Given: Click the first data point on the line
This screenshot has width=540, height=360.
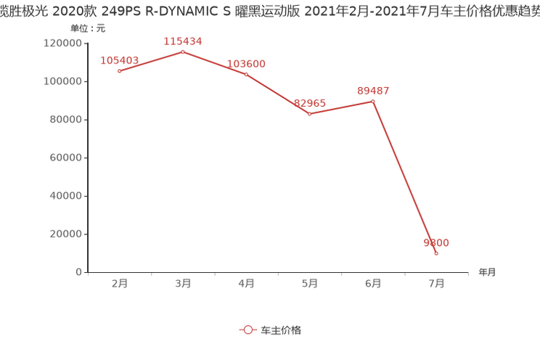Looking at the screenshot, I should [x=119, y=70].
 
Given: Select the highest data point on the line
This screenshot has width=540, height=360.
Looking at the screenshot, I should [x=182, y=52].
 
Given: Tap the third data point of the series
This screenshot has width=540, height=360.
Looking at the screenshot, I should [x=246, y=74].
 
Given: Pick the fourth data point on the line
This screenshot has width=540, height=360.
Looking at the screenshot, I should [x=309, y=114].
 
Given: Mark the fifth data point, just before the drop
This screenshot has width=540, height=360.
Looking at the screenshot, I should [x=373, y=102].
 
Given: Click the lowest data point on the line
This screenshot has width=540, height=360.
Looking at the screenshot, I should [x=436, y=253].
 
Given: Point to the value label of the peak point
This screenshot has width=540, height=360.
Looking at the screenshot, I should [x=182, y=41].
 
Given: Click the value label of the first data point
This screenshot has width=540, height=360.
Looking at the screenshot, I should [x=119, y=60].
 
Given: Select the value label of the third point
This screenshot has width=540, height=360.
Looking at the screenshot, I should [x=246, y=64].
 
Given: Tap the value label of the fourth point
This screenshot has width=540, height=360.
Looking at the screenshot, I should [x=309, y=104].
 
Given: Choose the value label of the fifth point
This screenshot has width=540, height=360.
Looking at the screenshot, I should [x=373, y=91].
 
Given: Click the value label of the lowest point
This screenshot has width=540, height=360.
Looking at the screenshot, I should [x=436, y=242].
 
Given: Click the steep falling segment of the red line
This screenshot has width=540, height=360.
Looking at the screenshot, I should [x=405, y=178].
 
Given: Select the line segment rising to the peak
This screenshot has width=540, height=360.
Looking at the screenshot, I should [x=151, y=61].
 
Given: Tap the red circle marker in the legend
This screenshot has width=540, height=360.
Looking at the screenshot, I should [x=248, y=330].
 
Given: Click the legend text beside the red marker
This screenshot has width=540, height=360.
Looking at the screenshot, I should [x=280, y=330].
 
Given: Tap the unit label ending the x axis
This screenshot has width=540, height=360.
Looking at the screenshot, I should [x=487, y=273].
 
